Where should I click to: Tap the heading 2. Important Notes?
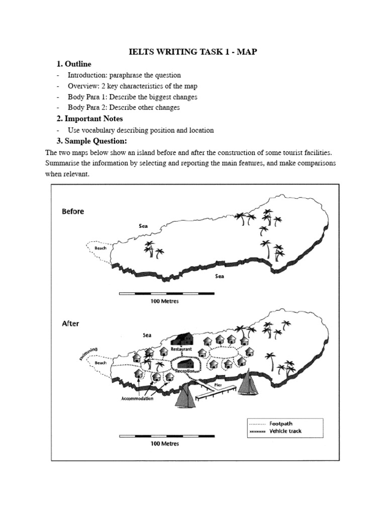click(x=89, y=119)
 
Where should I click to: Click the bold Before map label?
click(x=73, y=212)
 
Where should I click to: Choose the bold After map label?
click(x=70, y=324)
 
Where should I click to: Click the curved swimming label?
click(x=88, y=353)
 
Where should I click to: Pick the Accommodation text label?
click(x=137, y=399)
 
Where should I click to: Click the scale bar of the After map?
click(x=164, y=437)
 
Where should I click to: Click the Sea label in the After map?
click(x=147, y=334)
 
